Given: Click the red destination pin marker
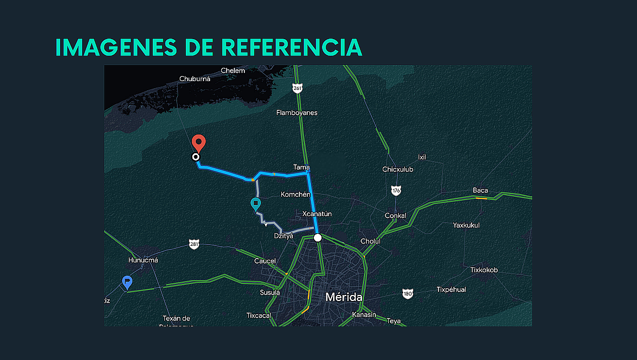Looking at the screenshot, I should [x=199, y=143].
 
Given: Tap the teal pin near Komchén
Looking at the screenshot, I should [x=255, y=204].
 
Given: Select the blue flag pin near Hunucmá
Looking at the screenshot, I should [x=127, y=282].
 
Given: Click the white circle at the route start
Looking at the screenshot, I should [x=317, y=238].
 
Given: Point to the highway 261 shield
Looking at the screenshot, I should [x=298, y=88].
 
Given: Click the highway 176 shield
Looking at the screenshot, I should [x=396, y=190].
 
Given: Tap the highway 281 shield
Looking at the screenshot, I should [x=194, y=244].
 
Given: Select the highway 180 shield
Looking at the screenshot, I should [x=408, y=294].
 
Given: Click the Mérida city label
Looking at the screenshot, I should [x=344, y=297].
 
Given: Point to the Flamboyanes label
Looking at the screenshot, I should [x=297, y=112].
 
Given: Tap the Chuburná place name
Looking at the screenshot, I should [x=195, y=79].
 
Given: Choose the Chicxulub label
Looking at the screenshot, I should [x=398, y=169].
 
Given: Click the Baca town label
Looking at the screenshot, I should [x=480, y=190].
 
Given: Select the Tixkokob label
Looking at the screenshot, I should [x=484, y=270].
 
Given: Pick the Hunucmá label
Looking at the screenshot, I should [x=143, y=260].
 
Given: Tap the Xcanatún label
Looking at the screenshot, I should [x=317, y=214].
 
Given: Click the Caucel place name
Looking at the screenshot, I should [x=265, y=261].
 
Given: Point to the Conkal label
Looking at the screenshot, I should [x=395, y=216].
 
